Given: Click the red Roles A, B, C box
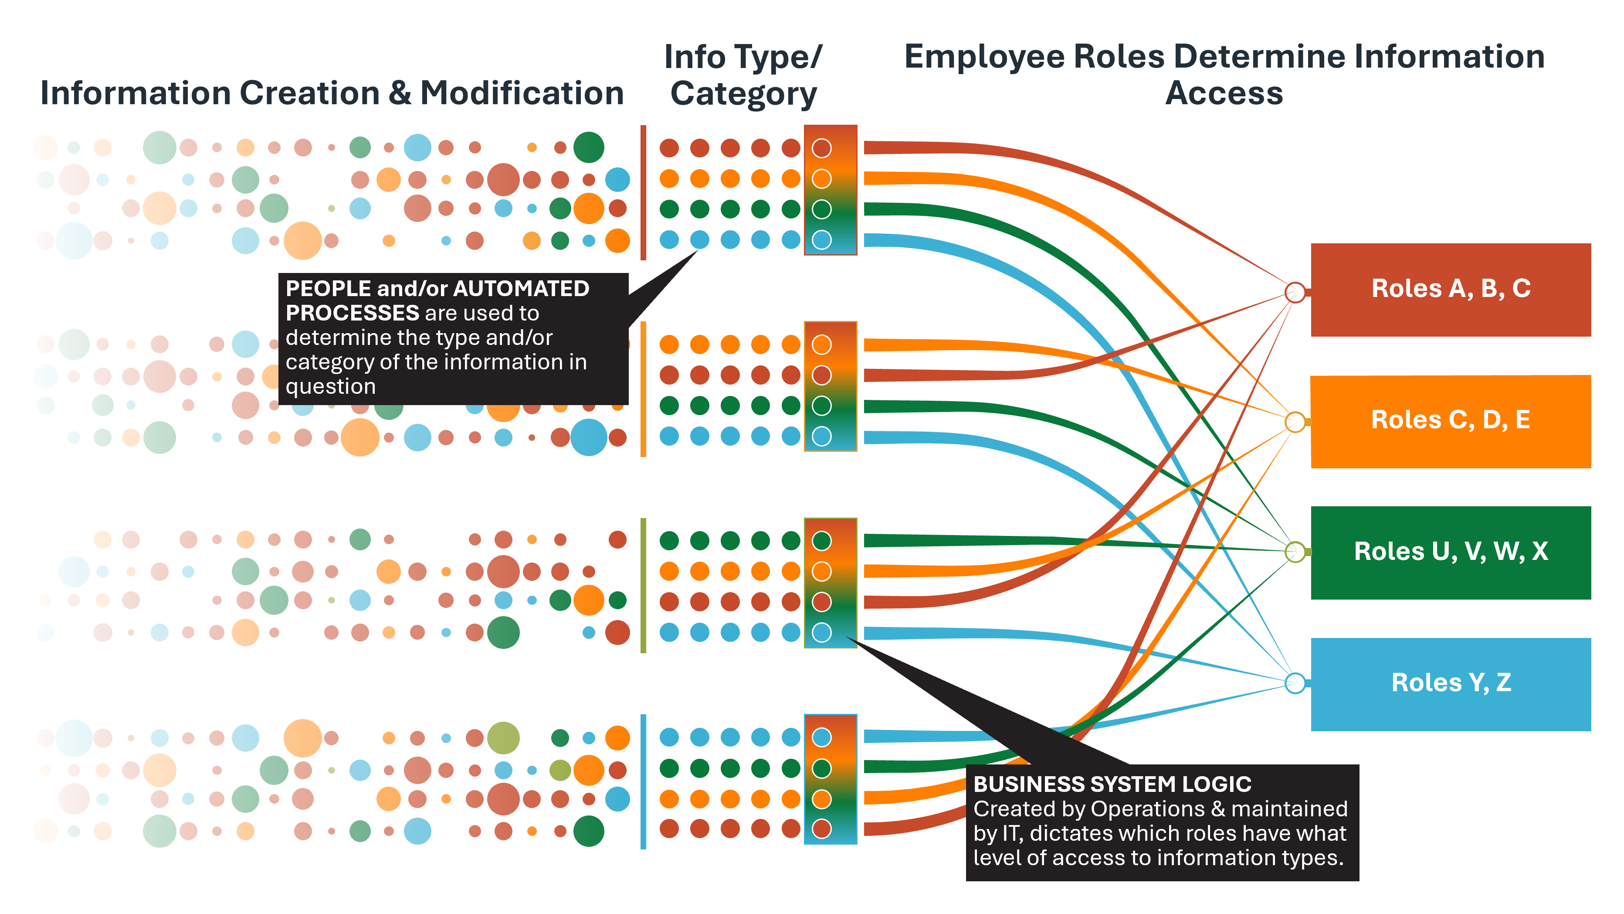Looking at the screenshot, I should coord(1450,290).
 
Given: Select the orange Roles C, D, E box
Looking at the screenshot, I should coord(1450,421).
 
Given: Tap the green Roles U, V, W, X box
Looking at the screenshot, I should coord(1450,552).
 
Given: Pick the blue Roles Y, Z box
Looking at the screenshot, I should coord(1450,684).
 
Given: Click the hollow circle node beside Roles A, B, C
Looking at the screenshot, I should coord(1295,292).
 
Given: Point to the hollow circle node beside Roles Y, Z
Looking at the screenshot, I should coord(1295,682).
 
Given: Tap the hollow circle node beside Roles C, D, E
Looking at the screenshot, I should coord(1295,421).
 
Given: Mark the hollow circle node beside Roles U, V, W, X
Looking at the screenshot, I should coord(1295,552).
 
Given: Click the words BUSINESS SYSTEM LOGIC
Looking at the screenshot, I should coord(1112,784).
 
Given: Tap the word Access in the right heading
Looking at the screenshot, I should coord(1224,93).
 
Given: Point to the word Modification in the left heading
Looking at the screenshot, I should coord(522,93).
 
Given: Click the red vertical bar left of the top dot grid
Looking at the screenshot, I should coord(643,192).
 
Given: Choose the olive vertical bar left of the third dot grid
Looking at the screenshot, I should coord(643,585).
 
